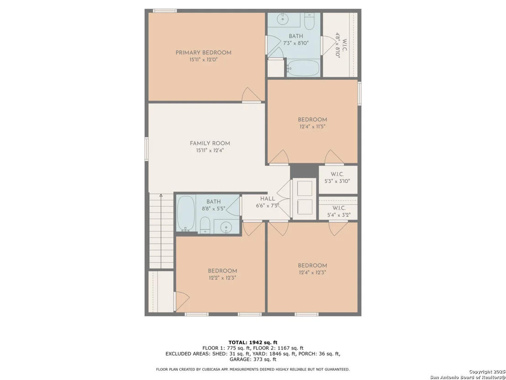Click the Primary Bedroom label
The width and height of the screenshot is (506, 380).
[203, 53]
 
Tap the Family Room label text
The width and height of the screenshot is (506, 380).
[210, 144]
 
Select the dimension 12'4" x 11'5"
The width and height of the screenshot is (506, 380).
[312, 127]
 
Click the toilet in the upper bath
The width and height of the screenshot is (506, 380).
[309, 21]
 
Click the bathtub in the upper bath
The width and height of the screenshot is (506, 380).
[303, 68]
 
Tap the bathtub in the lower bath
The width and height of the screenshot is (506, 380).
[185, 213]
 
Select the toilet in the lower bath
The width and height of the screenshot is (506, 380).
[205, 225]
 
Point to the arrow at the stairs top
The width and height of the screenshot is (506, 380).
[161, 196]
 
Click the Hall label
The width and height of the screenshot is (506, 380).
[268, 199]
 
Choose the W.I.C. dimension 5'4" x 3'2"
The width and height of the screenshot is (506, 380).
[337, 215]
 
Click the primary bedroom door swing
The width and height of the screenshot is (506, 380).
[251, 94]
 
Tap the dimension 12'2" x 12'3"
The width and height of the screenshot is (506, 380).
[222, 278]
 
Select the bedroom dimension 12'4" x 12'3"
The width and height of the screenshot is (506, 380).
[312, 273]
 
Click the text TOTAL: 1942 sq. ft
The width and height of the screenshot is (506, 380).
[253, 343]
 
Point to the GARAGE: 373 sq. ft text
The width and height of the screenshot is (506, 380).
[253, 359]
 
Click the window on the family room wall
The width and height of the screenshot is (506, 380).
[147, 149]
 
